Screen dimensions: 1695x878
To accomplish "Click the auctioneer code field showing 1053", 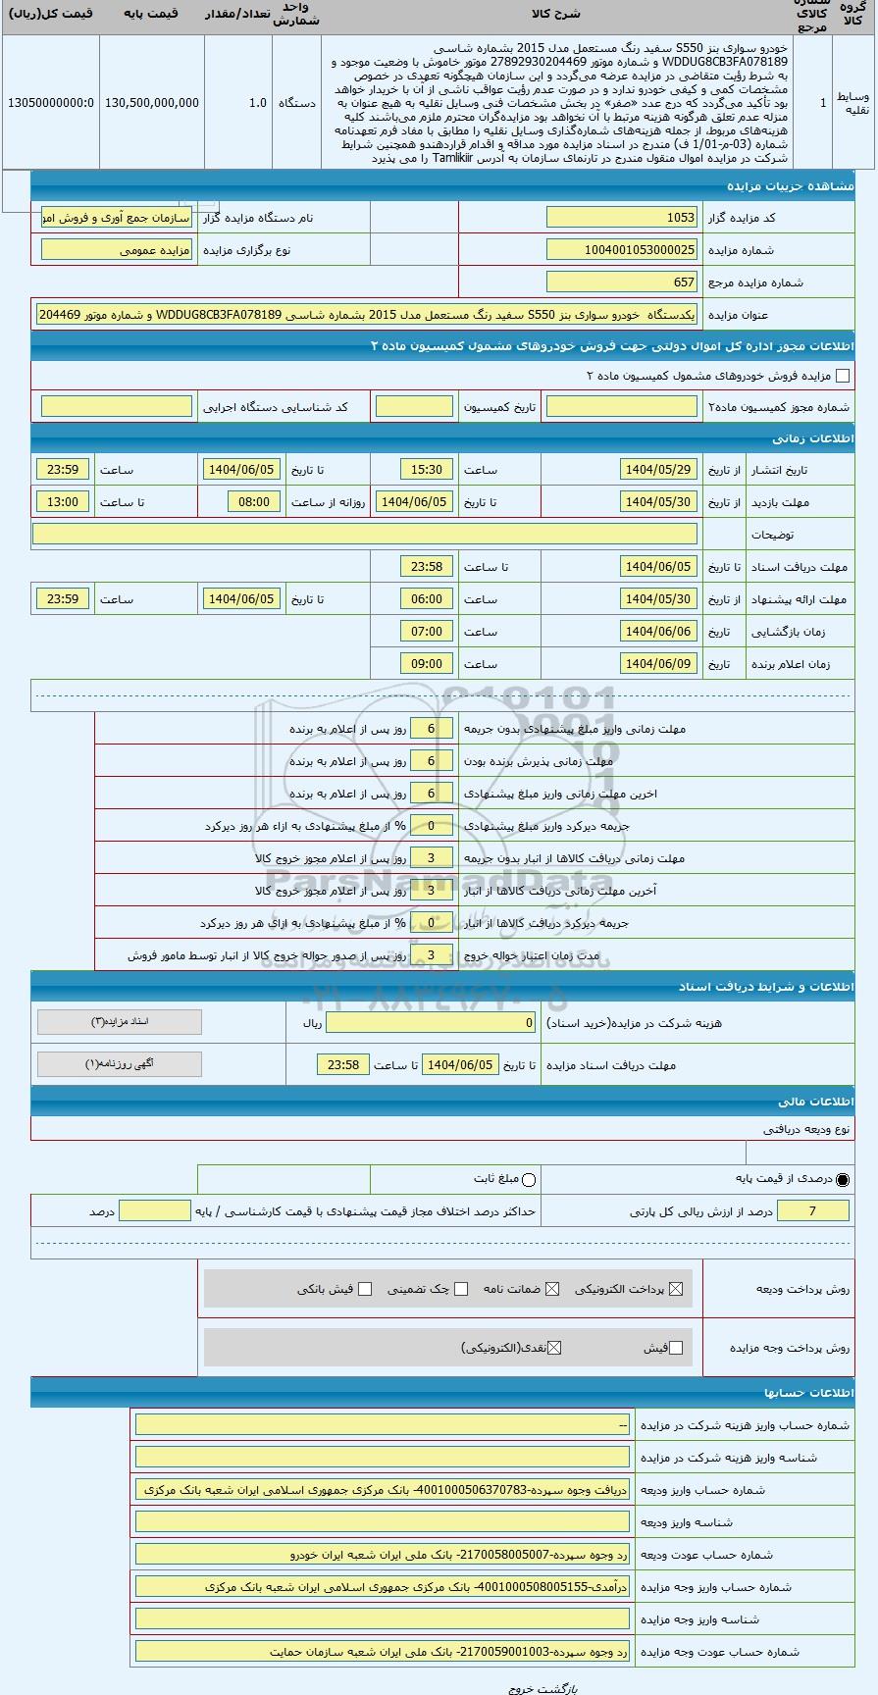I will pos(622,218).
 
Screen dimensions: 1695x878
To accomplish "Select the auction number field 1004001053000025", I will pos(622,250).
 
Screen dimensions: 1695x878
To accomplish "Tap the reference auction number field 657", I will pos(622,282).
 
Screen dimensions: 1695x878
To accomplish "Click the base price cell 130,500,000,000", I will pos(151,102).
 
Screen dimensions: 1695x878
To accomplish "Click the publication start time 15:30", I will pos(427,470).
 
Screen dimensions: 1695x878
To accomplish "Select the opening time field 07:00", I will pos(427,632).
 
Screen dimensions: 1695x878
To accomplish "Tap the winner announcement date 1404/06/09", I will pos(658,664).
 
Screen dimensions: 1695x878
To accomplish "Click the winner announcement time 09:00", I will pos(427,664).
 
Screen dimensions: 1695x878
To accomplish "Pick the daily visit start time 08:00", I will pos(253,502).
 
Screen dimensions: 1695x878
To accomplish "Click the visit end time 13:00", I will pos(63,502).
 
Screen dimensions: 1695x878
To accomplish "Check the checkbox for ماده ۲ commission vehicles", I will pos(842,376).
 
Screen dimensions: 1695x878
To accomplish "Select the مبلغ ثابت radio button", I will pos(530,1179).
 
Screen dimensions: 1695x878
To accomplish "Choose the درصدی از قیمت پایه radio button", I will pos(843,1179).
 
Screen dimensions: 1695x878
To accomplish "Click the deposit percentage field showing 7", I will pos(812,1211).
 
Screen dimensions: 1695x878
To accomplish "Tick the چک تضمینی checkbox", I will pos(461,1289).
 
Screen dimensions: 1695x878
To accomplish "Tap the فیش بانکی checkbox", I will pos(365,1289).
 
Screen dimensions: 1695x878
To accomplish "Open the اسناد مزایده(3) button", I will pos(120,1022).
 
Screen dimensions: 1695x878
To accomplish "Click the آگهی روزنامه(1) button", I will pos(120,1064).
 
